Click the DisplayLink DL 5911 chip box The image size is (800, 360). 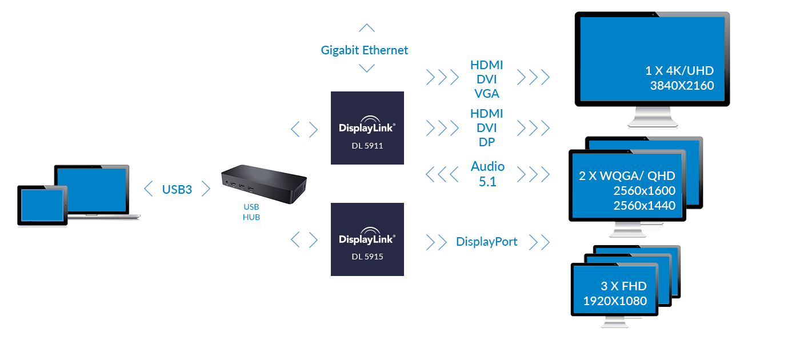click(x=367, y=128)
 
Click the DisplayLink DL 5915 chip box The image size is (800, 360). click(x=367, y=239)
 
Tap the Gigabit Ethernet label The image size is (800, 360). click(x=365, y=50)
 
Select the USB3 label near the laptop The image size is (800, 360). click(x=177, y=189)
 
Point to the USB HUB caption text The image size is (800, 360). click(x=251, y=212)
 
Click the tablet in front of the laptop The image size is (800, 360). click(x=42, y=205)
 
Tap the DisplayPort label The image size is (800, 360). click(x=487, y=242)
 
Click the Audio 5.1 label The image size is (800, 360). click(x=487, y=174)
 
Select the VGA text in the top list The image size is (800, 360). click(x=487, y=93)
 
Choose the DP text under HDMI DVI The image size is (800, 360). click(x=487, y=142)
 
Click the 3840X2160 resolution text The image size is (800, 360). click(x=682, y=86)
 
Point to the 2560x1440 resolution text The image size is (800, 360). click(x=644, y=206)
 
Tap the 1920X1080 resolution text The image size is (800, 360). click(x=615, y=301)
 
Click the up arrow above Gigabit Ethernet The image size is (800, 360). click(x=366, y=27)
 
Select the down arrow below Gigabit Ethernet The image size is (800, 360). click(x=366, y=69)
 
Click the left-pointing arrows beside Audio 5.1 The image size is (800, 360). click(x=442, y=174)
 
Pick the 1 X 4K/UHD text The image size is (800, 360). click(x=679, y=71)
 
